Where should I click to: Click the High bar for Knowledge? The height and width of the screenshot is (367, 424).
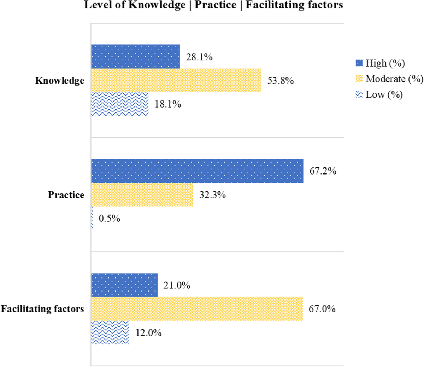[135, 57]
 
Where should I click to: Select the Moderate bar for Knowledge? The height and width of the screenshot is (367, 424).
[176, 80]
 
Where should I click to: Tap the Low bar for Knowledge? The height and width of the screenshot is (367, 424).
[120, 104]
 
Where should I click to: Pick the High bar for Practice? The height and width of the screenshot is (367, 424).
[197, 171]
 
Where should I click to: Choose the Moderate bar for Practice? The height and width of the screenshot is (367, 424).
[142, 195]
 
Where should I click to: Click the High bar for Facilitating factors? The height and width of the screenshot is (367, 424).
[124, 285]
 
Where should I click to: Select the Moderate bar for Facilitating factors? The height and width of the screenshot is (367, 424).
[197, 309]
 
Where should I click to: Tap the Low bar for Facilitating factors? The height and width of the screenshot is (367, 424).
[110, 332]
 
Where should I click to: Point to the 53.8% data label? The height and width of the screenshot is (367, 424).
[281, 81]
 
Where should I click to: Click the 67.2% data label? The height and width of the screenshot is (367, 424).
[323, 171]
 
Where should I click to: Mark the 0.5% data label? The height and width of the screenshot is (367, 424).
[110, 219]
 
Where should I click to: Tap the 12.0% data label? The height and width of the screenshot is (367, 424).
[148, 333]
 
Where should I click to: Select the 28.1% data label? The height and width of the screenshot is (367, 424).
[199, 57]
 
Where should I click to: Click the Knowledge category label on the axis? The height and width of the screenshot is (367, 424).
[60, 81]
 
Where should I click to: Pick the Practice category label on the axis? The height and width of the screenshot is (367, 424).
[66, 195]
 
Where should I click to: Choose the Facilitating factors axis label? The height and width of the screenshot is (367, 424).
[42, 309]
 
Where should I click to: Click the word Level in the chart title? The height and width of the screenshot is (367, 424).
[96, 5]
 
